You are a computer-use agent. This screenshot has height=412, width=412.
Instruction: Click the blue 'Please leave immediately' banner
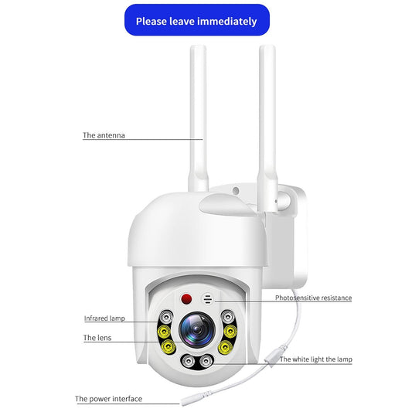pos(196,21)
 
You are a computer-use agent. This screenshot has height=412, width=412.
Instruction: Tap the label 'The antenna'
pos(104,135)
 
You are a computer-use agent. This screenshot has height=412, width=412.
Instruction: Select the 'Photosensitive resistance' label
pos(313,298)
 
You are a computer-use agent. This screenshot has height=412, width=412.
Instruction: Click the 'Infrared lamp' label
pos(104,318)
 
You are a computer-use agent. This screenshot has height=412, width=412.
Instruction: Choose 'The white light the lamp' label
pos(315,359)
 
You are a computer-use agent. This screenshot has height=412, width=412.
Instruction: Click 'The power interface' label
pos(108,400)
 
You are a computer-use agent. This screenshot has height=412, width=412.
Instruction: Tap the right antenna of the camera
pos(268,116)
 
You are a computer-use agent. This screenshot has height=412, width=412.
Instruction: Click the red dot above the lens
pos(186,298)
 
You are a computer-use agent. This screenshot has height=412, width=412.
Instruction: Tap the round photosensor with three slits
pos(208,298)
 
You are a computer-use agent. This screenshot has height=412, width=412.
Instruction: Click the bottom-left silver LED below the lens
pos(187,360)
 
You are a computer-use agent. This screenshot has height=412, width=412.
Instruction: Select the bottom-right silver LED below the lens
pos(206,360)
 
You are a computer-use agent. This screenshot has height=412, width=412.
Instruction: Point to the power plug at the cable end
pos(186,399)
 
